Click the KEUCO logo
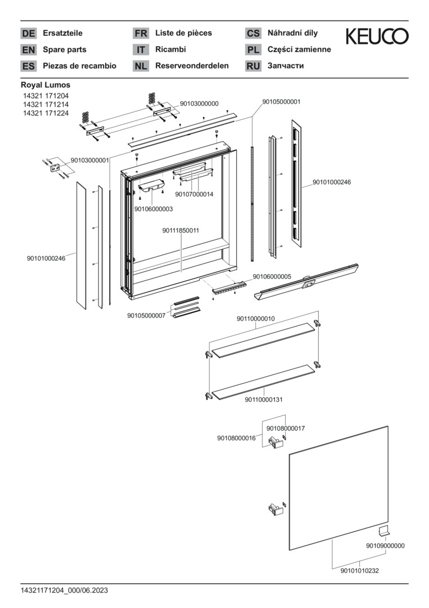(x=377, y=37)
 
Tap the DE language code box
(x=28, y=33)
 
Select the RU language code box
(x=253, y=66)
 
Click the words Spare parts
(x=65, y=50)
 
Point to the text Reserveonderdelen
(x=192, y=66)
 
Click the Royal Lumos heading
(x=46, y=85)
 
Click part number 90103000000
(x=199, y=104)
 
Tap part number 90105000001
(x=281, y=102)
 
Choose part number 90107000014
(x=194, y=194)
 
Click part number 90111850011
(x=181, y=230)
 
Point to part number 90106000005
(x=272, y=276)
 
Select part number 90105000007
(x=146, y=315)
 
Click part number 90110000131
(x=263, y=399)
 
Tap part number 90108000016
(x=236, y=437)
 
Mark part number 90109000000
(x=385, y=546)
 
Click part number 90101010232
(x=359, y=571)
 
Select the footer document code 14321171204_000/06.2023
(x=64, y=590)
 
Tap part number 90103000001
(x=90, y=160)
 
